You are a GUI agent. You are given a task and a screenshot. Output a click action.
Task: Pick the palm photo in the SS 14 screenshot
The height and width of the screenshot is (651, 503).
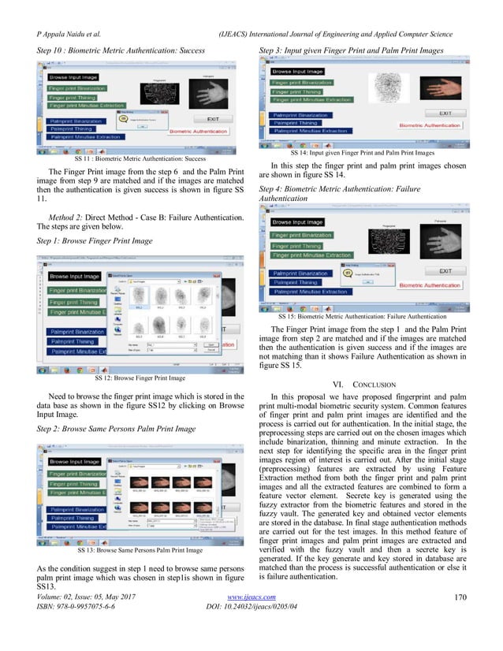click(445, 85)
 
